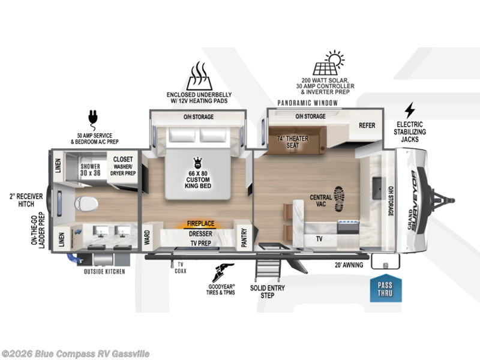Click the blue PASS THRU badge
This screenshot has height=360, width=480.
(x=386, y=288)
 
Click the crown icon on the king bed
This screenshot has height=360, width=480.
(x=198, y=163)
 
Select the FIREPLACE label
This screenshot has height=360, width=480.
(x=200, y=223)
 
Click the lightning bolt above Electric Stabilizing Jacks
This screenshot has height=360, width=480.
(x=410, y=110)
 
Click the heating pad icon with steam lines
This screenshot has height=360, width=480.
(x=199, y=76)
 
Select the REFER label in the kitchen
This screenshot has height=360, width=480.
(x=367, y=125)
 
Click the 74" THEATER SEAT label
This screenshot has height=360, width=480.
(x=293, y=142)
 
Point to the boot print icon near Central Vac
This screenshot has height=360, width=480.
(x=339, y=199)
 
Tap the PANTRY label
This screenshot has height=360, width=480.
(x=244, y=237)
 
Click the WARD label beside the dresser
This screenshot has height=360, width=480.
(x=147, y=238)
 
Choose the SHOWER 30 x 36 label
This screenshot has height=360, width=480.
(x=91, y=170)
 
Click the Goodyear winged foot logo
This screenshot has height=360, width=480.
(x=223, y=272)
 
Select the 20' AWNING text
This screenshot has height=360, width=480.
(x=349, y=265)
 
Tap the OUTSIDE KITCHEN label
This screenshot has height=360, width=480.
(x=104, y=272)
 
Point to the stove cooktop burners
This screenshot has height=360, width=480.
(x=348, y=222)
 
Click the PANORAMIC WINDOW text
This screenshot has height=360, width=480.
(x=307, y=103)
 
